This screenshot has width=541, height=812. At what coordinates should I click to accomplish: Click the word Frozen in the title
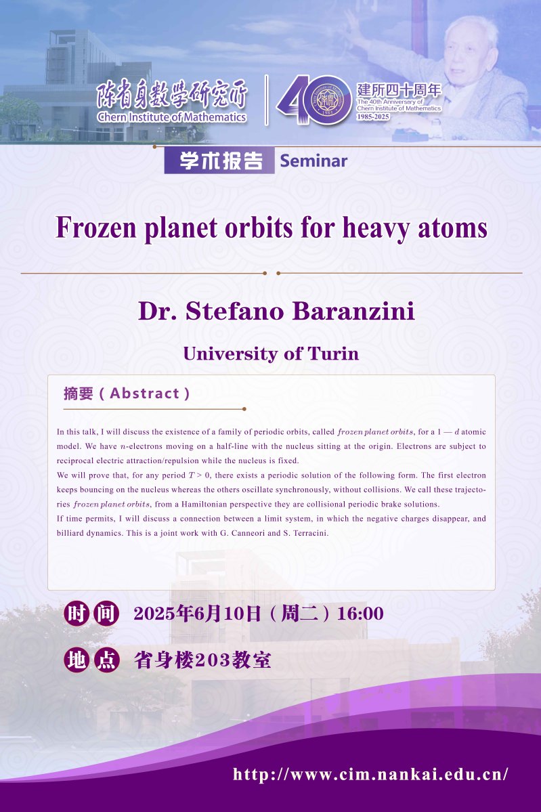pyautogui.click(x=95, y=228)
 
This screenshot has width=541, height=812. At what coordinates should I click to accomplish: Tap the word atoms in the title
pyautogui.click(x=452, y=228)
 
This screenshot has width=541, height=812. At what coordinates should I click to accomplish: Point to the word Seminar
pyautogui.click(x=313, y=161)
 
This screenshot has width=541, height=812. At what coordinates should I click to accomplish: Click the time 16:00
pyautogui.click(x=360, y=614)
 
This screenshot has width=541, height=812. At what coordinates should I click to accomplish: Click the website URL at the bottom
pyautogui.click(x=370, y=775)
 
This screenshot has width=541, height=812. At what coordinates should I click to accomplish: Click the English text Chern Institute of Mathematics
pyautogui.click(x=172, y=118)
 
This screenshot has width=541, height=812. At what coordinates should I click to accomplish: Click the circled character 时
pyautogui.click(x=77, y=614)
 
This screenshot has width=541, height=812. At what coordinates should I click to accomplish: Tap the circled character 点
pyautogui.click(x=107, y=660)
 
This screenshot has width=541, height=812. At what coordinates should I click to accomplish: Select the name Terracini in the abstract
pyautogui.click(x=311, y=533)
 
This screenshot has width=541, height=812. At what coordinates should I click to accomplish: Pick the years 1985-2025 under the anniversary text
pyautogui.click(x=373, y=117)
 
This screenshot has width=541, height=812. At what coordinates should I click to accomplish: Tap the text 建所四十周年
pyautogui.click(x=399, y=90)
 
